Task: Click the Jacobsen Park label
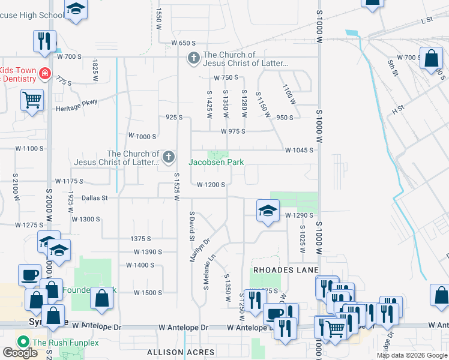[216, 162]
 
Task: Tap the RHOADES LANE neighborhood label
[285, 270]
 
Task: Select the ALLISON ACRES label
[181, 352]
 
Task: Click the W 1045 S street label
[300, 150]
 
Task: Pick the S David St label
[193, 226]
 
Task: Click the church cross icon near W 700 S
[193, 58]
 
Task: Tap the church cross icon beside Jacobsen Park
[169, 158]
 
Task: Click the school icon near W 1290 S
[268, 211]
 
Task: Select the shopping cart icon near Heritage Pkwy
[32, 100]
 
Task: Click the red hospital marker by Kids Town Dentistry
[44, 74]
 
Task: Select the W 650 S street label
[184, 43]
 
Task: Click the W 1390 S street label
[148, 252]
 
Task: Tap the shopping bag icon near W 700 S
[431, 59]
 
